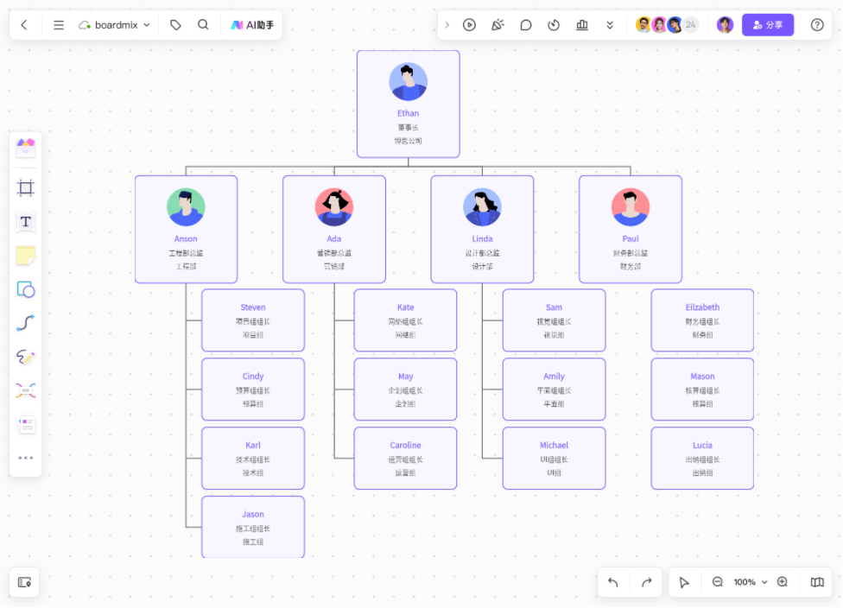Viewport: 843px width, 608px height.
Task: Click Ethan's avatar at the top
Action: (408, 82)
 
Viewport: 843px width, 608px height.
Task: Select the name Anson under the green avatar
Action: (186, 238)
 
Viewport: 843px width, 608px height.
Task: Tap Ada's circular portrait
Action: (334, 207)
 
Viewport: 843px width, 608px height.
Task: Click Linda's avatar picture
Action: (482, 207)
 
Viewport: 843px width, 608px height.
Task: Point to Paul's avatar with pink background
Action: (631, 207)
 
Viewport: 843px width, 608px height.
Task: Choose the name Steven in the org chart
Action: (253, 307)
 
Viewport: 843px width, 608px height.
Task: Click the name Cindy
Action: (253, 377)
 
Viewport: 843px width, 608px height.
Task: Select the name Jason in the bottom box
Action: (253, 515)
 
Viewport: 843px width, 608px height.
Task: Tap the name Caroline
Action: (405, 446)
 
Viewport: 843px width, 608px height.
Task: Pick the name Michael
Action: (554, 446)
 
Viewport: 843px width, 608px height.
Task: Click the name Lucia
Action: (702, 446)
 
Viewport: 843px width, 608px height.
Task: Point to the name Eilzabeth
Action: (702, 307)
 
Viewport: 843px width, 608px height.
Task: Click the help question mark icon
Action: (817, 25)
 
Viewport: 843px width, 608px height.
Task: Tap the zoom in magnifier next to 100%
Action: (783, 582)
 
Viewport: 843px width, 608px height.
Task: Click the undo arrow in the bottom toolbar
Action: (613, 582)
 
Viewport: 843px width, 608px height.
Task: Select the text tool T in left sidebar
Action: (26, 222)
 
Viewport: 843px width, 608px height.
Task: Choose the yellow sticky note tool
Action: (26, 256)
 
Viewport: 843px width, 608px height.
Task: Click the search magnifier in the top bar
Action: (203, 25)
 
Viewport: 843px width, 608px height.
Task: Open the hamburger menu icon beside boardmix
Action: (59, 25)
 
